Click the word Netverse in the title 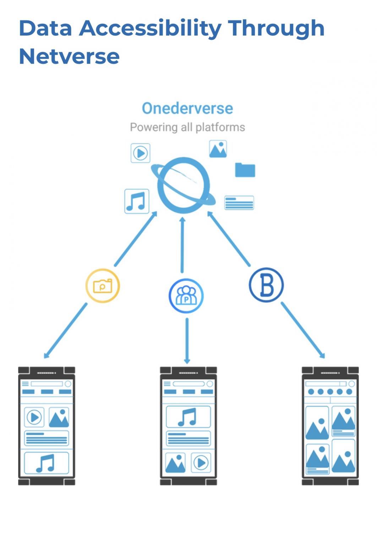pos(69,56)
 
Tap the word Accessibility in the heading pos(151,28)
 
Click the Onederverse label pos(187,108)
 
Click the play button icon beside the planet pos(141,153)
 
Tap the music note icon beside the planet pos(137,201)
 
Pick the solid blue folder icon pos(245,170)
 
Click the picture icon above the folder pos(218,149)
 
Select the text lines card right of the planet pos(239,203)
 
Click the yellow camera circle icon pos(103,286)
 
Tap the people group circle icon pos(186,296)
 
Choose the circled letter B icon pos(266,285)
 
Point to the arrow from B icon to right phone pos(302,330)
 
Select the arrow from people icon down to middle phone pos(187,340)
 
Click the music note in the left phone pos(46,463)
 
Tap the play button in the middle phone pos(201,463)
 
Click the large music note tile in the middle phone pos(188,417)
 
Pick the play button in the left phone pos(34,417)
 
